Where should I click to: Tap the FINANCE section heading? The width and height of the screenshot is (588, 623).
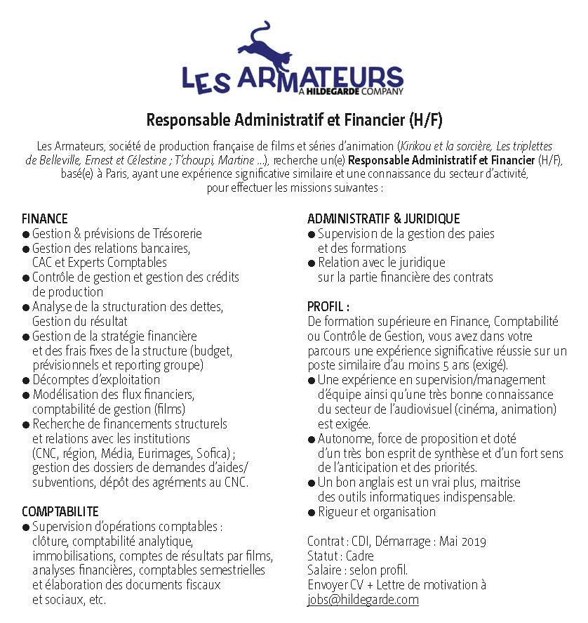[x=44, y=219]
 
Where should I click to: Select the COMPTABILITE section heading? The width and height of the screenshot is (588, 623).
[x=60, y=511]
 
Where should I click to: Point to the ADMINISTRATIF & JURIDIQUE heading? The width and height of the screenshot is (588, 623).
[x=383, y=219]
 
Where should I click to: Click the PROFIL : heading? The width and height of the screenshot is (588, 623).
[x=328, y=307]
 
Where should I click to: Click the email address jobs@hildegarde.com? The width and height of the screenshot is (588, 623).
[x=363, y=600]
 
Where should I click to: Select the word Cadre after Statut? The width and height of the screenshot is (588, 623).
[x=359, y=556]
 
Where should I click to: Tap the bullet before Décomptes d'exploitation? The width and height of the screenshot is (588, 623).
[x=26, y=381]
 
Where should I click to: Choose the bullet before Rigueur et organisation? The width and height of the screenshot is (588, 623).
[x=312, y=512]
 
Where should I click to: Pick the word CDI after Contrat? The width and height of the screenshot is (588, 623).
[x=361, y=541]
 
